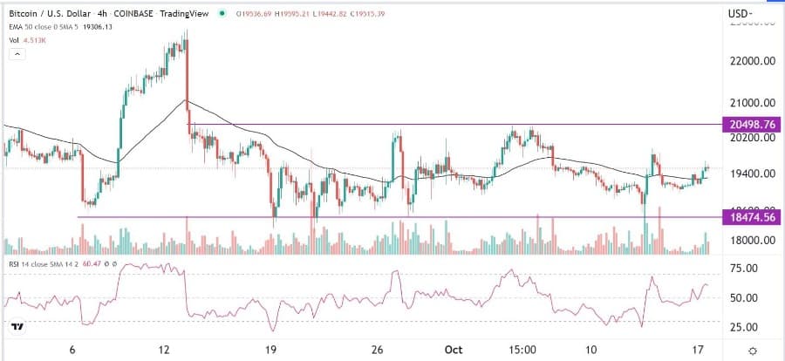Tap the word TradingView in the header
click(x=195, y=13)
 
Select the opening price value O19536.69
click(x=255, y=13)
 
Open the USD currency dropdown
click(x=741, y=12)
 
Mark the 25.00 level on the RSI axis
click(x=744, y=327)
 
